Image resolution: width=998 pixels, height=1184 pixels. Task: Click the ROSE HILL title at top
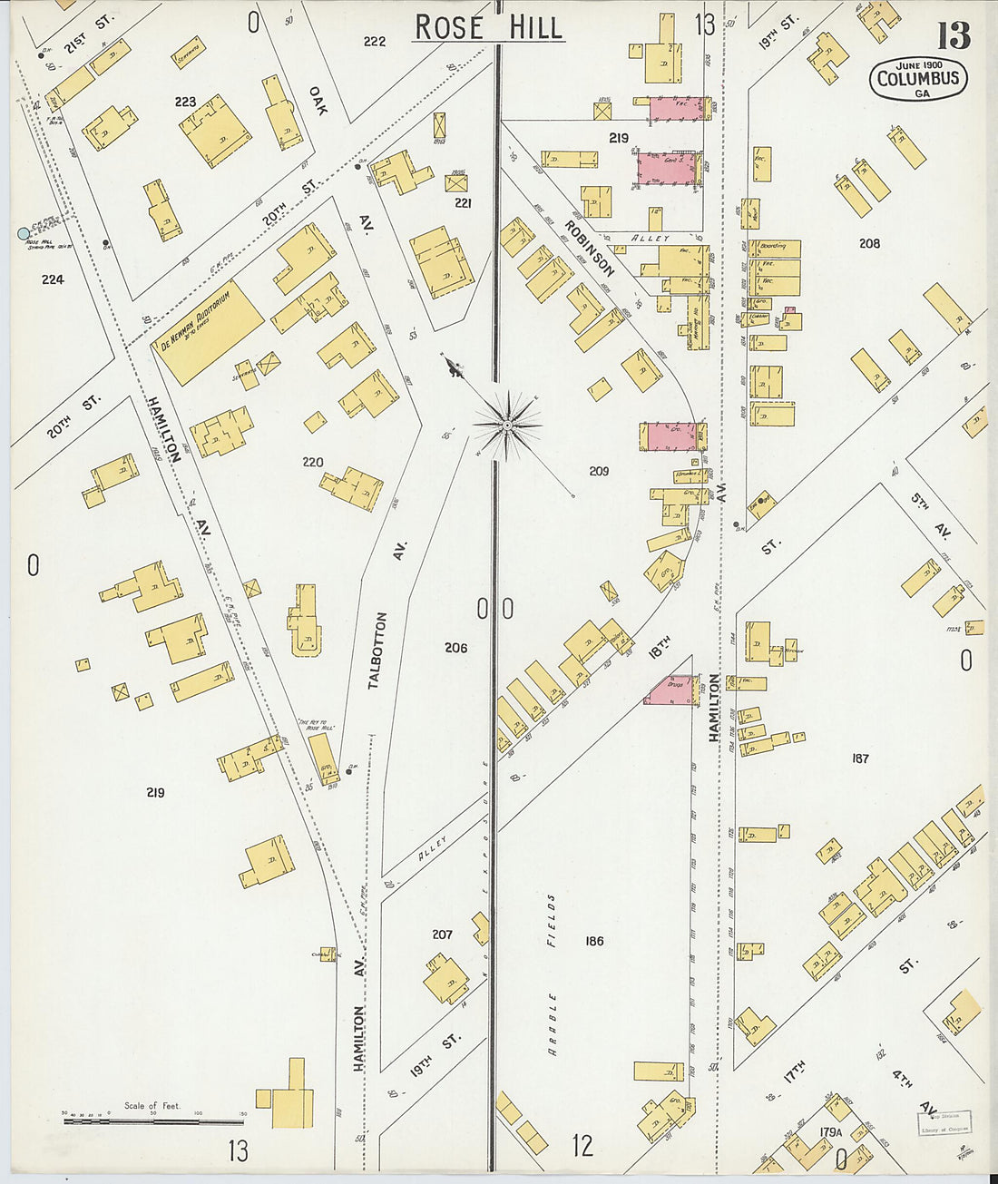(x=490, y=27)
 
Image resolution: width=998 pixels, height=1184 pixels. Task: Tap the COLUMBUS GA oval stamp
(x=917, y=79)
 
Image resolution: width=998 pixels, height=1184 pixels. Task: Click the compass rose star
(x=507, y=424)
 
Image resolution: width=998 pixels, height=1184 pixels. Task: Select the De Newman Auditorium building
(x=208, y=331)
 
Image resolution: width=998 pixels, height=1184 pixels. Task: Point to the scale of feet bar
(x=154, y=1121)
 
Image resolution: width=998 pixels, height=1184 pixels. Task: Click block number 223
(x=185, y=102)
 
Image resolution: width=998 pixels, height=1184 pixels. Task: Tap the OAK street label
(x=317, y=100)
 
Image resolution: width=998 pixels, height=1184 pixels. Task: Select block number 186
(x=594, y=941)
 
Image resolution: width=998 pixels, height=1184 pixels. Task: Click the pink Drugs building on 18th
(x=672, y=690)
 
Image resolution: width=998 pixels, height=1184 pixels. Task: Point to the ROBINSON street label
(x=589, y=248)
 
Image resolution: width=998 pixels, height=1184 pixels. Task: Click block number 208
(x=869, y=243)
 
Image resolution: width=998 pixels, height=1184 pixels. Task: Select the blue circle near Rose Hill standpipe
(x=24, y=233)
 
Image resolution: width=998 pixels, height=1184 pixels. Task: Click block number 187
(x=859, y=758)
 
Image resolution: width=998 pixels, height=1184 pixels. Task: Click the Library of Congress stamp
(x=944, y=1122)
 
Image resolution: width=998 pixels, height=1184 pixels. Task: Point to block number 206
(x=455, y=648)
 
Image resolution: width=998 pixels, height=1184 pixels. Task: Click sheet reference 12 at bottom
(x=582, y=1145)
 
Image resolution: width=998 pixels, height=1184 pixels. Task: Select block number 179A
(x=830, y=1131)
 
